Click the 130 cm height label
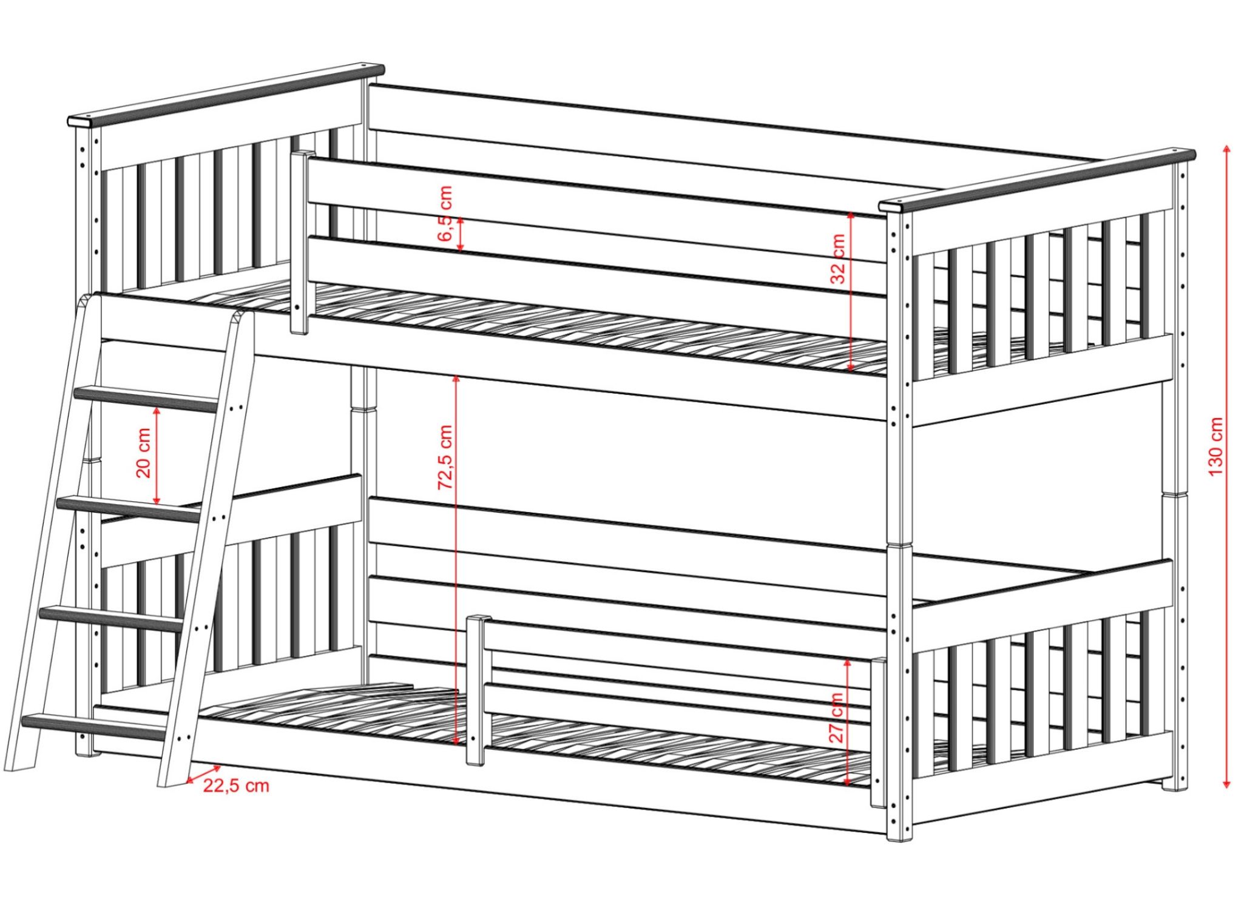[x=1215, y=447]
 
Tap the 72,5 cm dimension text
[x=445, y=457]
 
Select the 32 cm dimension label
[x=838, y=259]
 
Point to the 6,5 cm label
[x=445, y=213]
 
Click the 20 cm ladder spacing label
[x=144, y=453]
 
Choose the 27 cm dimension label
[x=837, y=718]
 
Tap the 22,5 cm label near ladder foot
[x=236, y=786]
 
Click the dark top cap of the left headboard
[x=226, y=95]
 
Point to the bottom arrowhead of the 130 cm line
[x=1226, y=784]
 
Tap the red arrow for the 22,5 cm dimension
[x=204, y=773]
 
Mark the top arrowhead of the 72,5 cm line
[x=456, y=379]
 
